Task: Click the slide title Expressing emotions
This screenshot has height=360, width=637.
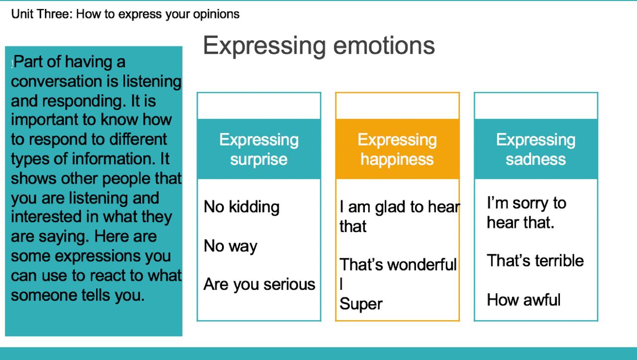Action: point(319,46)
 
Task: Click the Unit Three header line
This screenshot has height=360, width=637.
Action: point(125,14)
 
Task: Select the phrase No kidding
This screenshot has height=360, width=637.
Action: point(241,207)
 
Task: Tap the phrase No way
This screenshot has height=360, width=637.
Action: point(230,246)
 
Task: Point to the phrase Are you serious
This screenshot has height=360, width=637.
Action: point(259,285)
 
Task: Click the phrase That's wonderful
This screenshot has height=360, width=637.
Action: point(398,265)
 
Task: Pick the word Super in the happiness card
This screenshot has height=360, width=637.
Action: point(361,304)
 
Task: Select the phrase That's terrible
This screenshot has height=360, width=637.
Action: point(535,260)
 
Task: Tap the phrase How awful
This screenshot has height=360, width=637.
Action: point(524,300)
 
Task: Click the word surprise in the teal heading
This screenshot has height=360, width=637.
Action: point(259,159)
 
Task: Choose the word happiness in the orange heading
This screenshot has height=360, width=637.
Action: point(397,159)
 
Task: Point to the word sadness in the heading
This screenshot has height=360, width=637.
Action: point(536,159)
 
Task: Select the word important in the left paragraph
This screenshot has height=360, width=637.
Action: point(44,120)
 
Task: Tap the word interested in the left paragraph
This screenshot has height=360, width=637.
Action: point(46,217)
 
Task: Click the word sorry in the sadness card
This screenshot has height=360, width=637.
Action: point(531,204)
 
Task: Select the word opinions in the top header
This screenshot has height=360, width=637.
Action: point(216,14)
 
